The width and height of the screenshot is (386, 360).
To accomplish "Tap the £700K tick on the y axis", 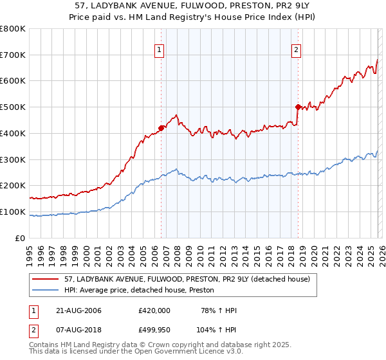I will (13, 55).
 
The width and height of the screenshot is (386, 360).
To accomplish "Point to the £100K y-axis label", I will (13, 212).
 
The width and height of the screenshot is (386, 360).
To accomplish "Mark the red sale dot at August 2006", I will (161, 127).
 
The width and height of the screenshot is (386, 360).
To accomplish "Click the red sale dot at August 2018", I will (298, 107).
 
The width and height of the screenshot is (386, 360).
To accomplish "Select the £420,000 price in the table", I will (154, 310).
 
